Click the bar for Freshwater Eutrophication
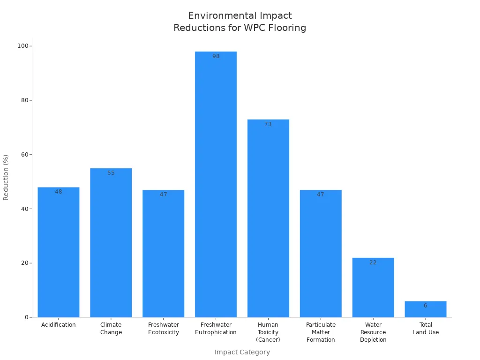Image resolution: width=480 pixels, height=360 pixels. pos(216,184)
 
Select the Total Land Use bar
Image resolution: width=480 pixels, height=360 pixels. pos(426,309)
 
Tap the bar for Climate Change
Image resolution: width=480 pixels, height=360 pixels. pos(111,243)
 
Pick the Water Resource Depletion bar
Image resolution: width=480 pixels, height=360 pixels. pos(373,287)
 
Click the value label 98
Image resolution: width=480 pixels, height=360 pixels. pos(216,56)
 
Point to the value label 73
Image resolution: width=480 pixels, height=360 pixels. pos(268,124)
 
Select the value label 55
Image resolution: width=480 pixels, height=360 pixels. pos(111,173)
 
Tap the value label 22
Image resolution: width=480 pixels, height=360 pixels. pos(373,262)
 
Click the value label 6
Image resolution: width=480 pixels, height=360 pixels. pos(426,306)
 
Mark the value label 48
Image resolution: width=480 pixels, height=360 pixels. pos(59,192)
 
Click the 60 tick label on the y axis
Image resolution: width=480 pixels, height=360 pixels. pos(25,155)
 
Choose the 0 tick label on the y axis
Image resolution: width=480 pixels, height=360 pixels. pos(27,317)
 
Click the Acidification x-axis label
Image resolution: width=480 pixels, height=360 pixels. pos(59,325)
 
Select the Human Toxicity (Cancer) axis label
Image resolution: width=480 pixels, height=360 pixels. pos(268,332)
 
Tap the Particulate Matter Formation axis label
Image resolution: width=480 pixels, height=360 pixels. pos(321,332)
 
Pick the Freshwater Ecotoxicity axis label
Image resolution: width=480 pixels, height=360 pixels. pos(164,329)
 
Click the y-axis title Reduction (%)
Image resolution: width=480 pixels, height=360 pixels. pos(6,178)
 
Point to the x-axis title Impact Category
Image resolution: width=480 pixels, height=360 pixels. pos(242,352)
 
